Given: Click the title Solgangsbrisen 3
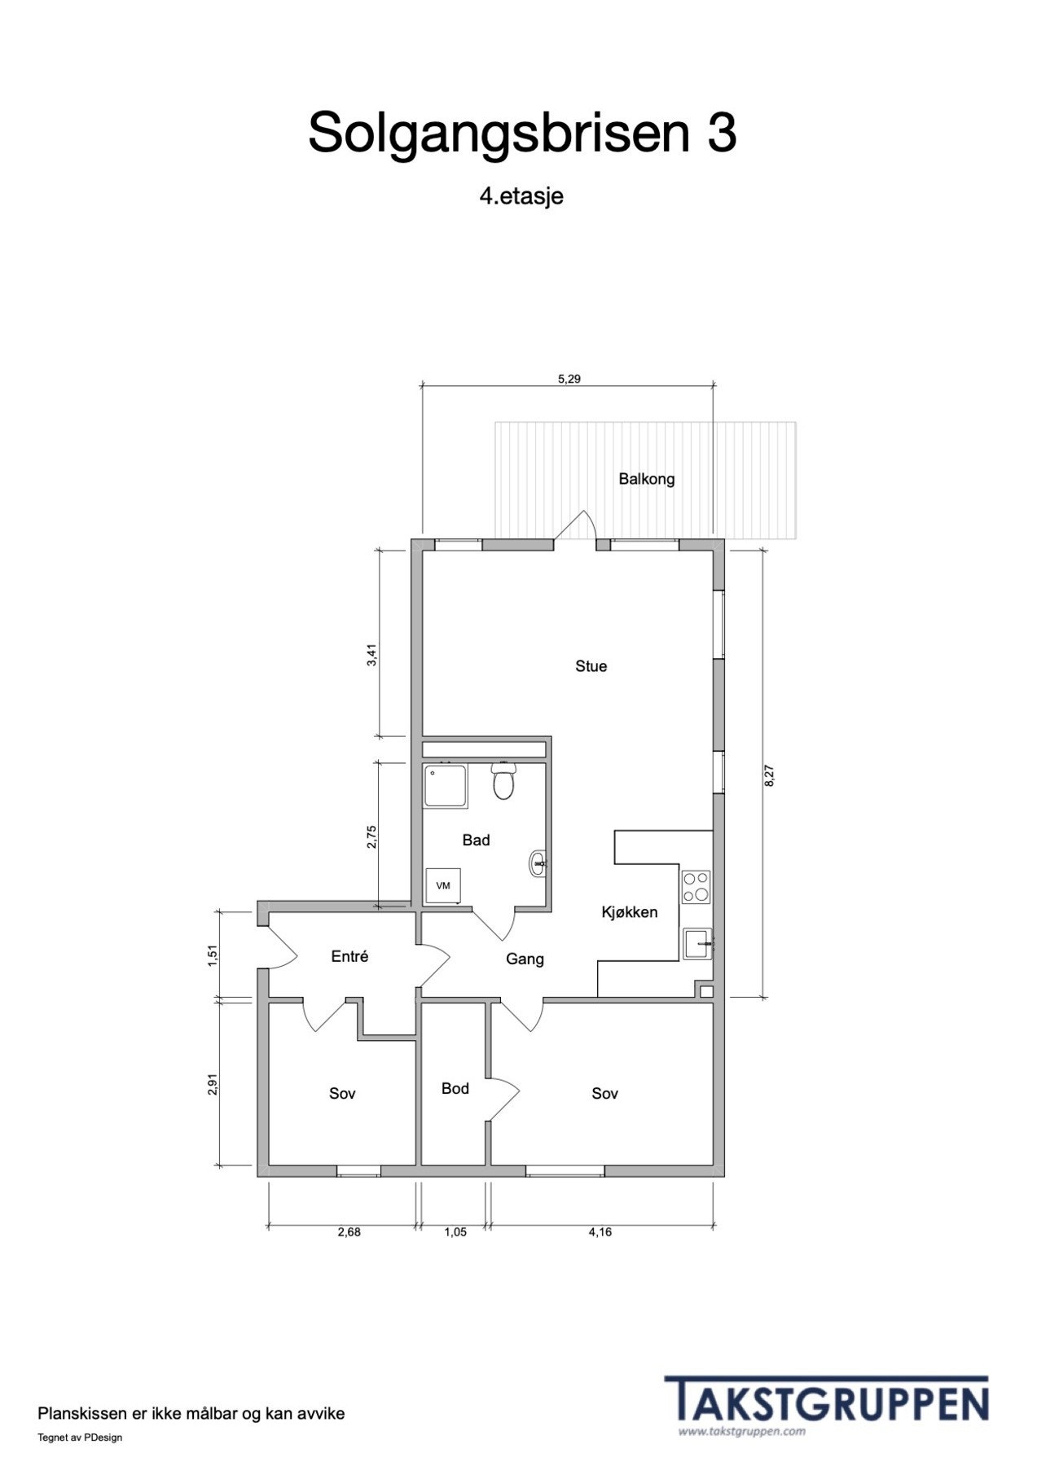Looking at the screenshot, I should [522, 133].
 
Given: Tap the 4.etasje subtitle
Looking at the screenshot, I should [521, 196].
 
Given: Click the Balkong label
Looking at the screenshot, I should [647, 479].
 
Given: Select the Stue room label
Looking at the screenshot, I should [591, 666].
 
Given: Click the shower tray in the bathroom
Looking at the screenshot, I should [445, 786].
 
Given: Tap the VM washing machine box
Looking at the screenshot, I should [443, 885].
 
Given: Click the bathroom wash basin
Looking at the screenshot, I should [538, 863].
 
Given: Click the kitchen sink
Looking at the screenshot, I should [698, 944].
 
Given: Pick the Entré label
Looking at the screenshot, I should [349, 957].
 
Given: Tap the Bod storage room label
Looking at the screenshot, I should [455, 1088].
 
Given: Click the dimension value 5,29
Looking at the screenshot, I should [569, 379].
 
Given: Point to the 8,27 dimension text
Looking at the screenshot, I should [770, 775].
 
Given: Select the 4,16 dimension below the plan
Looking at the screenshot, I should [600, 1232].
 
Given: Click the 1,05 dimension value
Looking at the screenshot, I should [455, 1232].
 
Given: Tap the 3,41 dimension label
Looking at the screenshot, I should [371, 655].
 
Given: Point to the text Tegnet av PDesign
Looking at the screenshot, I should [80, 1437].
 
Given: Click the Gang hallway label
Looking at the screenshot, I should [525, 959].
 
